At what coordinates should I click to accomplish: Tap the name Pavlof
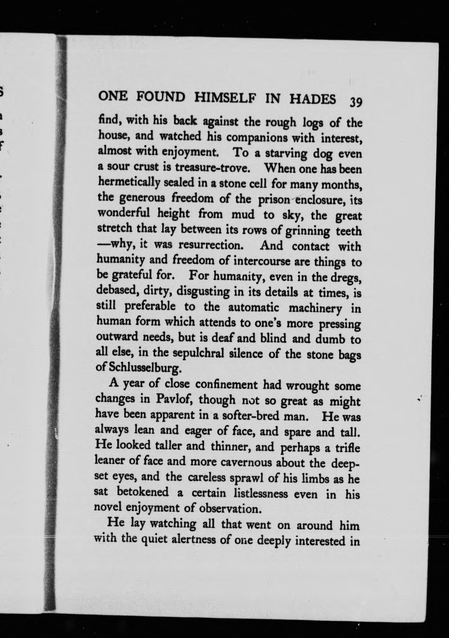172,400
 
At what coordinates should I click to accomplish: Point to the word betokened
143,492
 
